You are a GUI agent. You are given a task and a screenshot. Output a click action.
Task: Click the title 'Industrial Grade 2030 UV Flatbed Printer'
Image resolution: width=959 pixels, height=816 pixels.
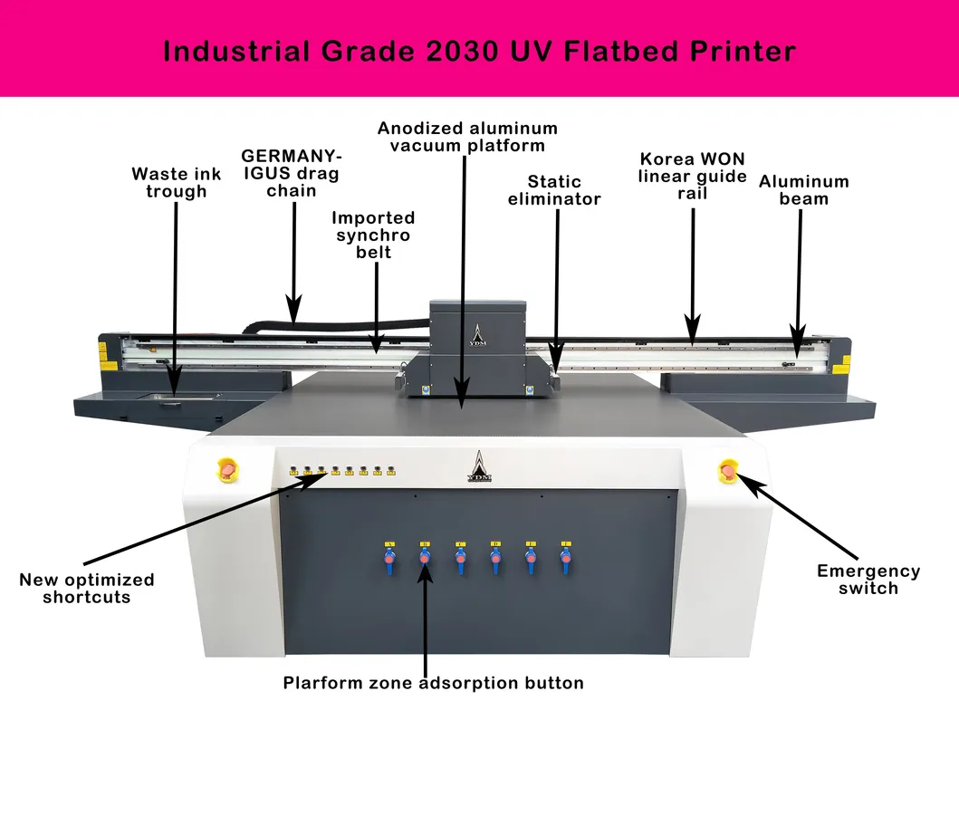point(479,50)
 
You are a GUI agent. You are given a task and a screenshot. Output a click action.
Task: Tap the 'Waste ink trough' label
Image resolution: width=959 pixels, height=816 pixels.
point(176,182)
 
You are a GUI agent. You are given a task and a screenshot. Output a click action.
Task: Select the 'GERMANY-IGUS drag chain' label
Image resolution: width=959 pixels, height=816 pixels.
point(292,173)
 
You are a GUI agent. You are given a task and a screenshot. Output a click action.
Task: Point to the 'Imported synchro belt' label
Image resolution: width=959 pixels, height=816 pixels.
point(373,235)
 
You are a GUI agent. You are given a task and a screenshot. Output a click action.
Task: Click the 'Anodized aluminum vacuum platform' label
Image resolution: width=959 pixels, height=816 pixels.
point(467,137)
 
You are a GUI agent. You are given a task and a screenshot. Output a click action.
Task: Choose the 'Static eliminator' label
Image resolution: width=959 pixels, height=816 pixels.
point(554,190)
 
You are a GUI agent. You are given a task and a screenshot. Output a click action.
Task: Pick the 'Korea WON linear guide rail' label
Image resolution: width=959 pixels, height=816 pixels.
point(692,176)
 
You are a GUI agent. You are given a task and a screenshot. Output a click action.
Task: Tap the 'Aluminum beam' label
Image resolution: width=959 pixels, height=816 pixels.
point(803,190)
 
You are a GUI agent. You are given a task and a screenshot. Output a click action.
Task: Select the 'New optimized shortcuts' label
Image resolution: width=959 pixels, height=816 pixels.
point(87,589)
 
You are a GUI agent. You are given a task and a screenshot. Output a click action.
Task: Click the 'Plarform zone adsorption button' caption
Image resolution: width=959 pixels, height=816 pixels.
point(433,683)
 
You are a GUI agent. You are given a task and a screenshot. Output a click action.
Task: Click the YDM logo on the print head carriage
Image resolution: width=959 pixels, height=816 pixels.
point(477,336)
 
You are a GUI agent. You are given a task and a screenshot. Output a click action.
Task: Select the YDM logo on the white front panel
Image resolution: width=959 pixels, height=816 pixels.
point(477,466)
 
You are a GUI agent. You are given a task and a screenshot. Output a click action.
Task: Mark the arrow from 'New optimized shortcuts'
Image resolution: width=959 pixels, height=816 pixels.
point(199,523)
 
